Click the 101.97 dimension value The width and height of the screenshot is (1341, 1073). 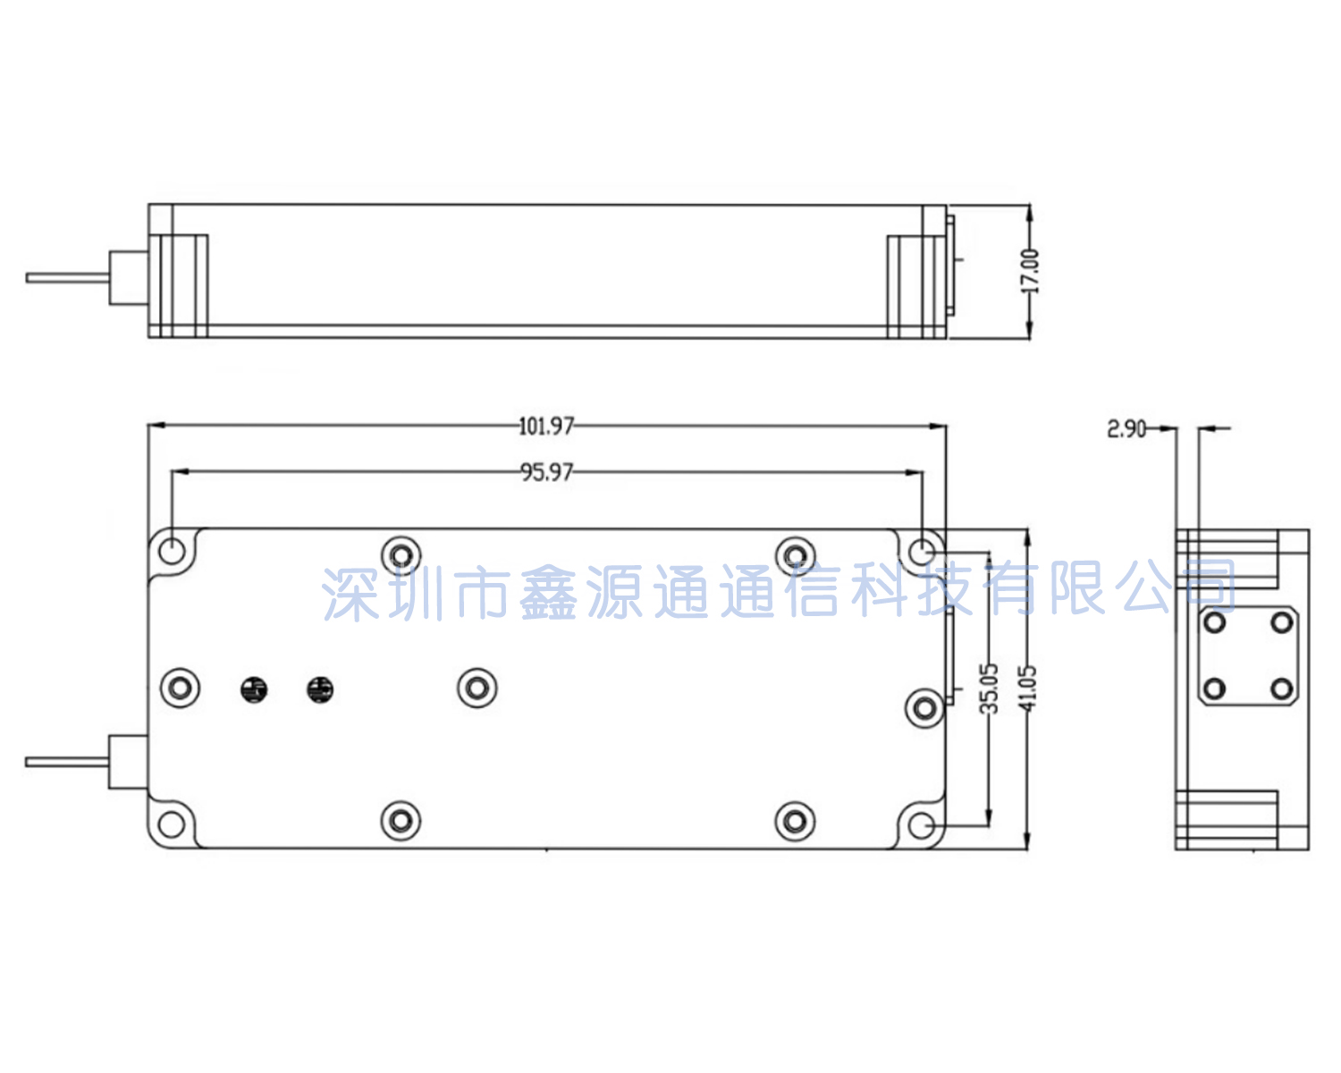click(546, 427)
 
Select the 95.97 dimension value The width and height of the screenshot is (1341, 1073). click(546, 473)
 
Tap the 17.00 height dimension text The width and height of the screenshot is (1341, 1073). click(1029, 271)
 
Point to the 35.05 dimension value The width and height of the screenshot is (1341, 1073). click(989, 689)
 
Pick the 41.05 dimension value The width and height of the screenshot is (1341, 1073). click(1027, 689)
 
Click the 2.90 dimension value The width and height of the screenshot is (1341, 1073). click(1126, 429)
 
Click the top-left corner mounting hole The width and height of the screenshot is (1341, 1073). click(172, 551)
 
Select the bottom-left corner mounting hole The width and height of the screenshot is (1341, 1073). click(172, 824)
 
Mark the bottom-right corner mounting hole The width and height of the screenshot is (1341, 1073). click(922, 825)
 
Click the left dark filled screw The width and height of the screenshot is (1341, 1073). click(254, 689)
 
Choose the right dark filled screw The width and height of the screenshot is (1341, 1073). click(320, 689)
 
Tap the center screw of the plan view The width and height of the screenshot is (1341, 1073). click(477, 689)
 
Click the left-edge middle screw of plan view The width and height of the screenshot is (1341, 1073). click(180, 689)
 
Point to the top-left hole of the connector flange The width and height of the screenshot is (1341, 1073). click(1215, 621)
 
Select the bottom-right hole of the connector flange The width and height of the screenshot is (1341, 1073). click(1282, 689)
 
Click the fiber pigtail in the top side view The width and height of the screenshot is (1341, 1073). click(67, 277)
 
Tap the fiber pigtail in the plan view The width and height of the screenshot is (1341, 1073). click(67, 762)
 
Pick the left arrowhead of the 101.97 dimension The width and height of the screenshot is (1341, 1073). click(156, 426)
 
